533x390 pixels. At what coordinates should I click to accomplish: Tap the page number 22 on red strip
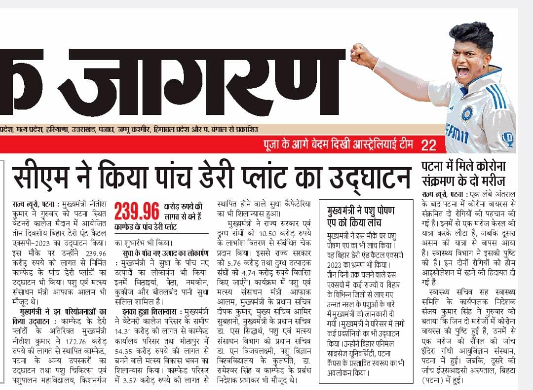click(429, 145)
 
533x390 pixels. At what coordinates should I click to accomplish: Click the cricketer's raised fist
click(363, 56)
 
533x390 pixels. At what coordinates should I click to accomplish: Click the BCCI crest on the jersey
click(466, 113)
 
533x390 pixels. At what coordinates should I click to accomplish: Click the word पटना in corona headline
click(436, 167)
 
